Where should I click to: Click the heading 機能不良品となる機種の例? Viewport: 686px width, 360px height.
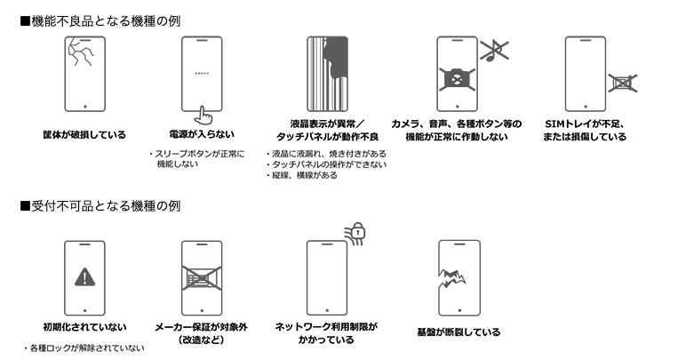(x=107, y=19)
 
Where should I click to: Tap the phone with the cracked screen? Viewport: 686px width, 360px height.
(x=84, y=74)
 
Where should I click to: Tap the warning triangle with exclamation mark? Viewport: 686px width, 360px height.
(x=84, y=276)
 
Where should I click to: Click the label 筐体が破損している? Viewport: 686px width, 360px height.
(x=84, y=135)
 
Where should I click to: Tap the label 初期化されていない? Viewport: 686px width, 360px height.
(x=84, y=326)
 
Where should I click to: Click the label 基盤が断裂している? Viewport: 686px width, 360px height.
(x=458, y=332)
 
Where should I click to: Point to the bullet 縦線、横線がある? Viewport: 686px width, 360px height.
(x=304, y=176)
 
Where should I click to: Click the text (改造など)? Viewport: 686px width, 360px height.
(x=201, y=340)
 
